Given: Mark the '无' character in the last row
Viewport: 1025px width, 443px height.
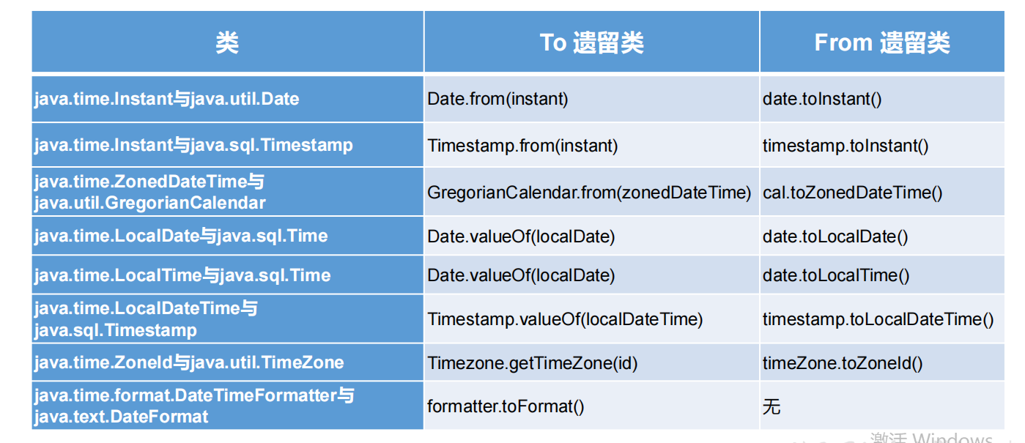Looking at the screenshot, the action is pos(771,406).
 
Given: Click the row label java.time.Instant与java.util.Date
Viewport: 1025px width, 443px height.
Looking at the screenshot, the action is pos(166,99).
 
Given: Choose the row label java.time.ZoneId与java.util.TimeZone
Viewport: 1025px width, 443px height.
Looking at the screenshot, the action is pos(188,362).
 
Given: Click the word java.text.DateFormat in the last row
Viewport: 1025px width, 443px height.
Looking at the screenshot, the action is pos(121,417).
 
